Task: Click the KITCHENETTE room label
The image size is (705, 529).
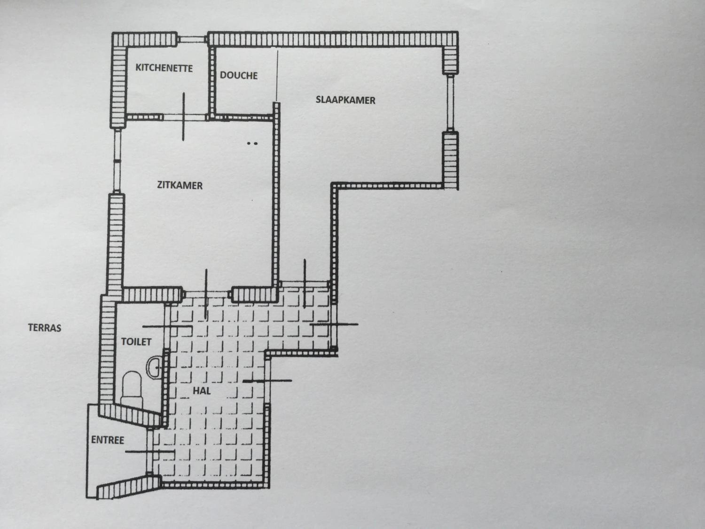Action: point(164,68)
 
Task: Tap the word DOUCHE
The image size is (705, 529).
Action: point(239,75)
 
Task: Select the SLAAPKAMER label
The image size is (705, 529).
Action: point(345,100)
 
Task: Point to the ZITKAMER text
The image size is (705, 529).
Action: point(180,185)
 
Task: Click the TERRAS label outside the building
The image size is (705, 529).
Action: point(45,328)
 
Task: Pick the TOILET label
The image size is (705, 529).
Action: point(136,342)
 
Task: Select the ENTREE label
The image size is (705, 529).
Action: point(107,440)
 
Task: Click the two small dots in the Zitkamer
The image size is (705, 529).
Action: point(252,143)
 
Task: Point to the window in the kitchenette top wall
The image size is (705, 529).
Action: point(192,39)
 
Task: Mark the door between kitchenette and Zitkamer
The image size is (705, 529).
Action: point(183,116)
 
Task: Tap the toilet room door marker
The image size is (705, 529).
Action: point(167,327)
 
